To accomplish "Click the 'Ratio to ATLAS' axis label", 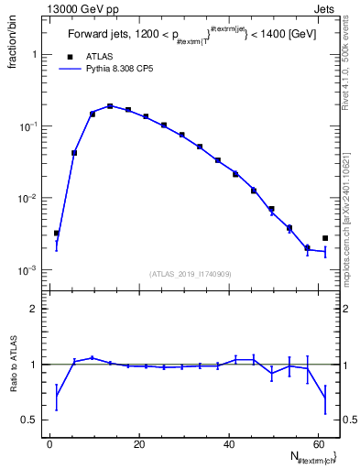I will click(12, 365).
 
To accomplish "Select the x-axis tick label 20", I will click(139, 443).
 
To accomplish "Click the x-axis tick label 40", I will click(228, 443).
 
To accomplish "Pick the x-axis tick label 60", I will click(317, 443).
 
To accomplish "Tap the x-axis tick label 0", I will click(50, 443).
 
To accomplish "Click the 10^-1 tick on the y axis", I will click(31, 126).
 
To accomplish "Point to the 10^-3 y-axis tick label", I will click(31, 271).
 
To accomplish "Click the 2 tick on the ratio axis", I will click(35, 309).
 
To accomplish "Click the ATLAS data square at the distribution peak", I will click(110, 106).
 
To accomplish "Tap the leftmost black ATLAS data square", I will click(57, 234).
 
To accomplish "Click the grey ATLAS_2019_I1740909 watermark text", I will click(190, 273).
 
